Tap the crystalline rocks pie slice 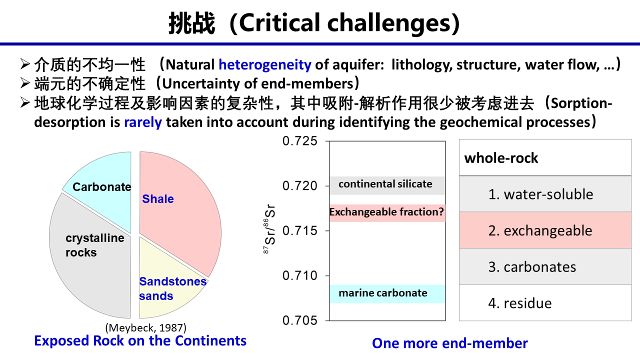tap(91, 257)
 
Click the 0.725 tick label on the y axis tap(299, 141)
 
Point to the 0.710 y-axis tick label tap(299, 275)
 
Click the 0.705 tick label tap(299, 320)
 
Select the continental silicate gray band tap(387, 185)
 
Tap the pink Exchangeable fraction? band tap(387, 213)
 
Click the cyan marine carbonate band tap(387, 293)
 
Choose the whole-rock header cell tap(545, 157)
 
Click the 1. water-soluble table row tap(545, 194)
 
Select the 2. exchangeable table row tap(545, 230)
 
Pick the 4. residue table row tap(545, 303)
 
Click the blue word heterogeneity tap(265, 65)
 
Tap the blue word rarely tap(143, 122)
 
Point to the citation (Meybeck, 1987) tap(145, 327)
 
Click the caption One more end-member tap(449, 343)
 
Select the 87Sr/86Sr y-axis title tap(269, 228)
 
